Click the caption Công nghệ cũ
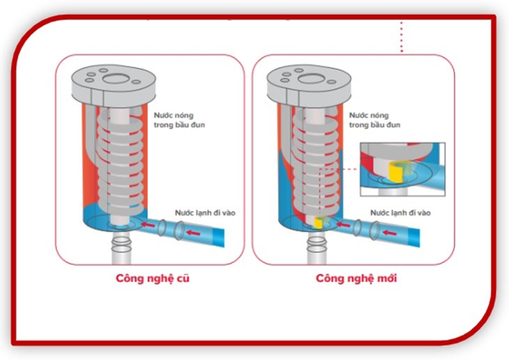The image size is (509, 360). tap(153, 279)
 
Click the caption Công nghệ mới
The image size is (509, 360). tap(356, 279)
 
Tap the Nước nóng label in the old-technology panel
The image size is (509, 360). tap(174, 115)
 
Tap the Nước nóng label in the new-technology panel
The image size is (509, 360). tap(369, 115)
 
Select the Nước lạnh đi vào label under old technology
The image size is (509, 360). tap(205, 213)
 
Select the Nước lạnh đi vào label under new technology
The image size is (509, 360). tap(401, 213)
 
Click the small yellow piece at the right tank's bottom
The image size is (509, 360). tap(318, 223)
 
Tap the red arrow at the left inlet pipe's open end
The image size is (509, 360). tap(193, 232)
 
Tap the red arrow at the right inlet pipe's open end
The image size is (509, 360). tap(389, 232)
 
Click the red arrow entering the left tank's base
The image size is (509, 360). tap(148, 225)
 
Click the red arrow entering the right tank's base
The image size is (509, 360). tap(343, 225)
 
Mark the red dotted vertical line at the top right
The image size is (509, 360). tap(402, 37)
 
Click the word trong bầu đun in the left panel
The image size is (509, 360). tap(179, 125)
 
